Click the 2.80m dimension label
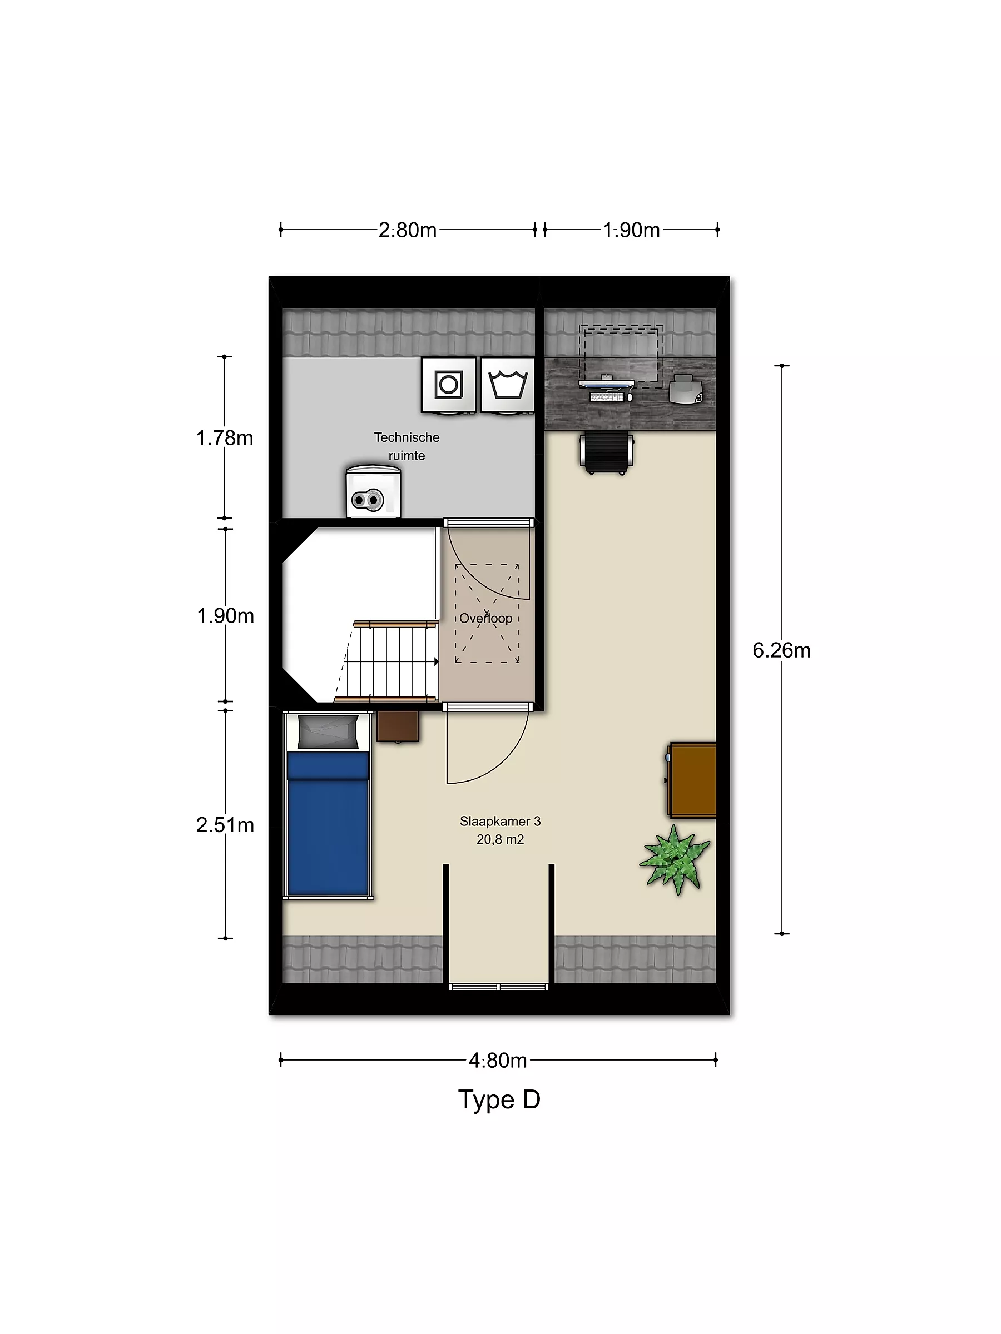(407, 230)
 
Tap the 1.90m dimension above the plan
(631, 230)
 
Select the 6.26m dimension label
(781, 650)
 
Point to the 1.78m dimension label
(225, 438)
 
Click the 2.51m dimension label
(225, 825)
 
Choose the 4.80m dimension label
(498, 1060)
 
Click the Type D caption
(499, 1099)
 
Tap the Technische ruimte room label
(407, 446)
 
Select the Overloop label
(485, 618)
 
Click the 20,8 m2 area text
(500, 839)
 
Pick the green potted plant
(675, 859)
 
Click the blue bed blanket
(328, 824)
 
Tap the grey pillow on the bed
(328, 732)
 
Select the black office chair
(606, 453)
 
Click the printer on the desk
(686, 389)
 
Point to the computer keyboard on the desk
(607, 397)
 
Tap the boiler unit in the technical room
(374, 491)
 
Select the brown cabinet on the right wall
(691, 780)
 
